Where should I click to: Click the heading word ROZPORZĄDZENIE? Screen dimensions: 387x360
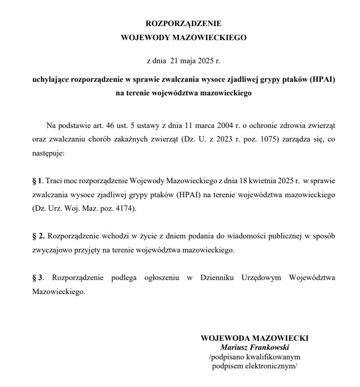[183, 24]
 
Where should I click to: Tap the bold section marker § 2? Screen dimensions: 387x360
[39, 235]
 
